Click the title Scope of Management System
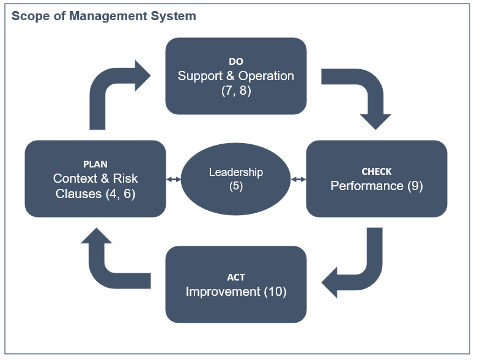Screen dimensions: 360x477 click(x=104, y=17)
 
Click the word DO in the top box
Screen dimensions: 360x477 click(x=235, y=62)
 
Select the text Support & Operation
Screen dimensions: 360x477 click(x=235, y=76)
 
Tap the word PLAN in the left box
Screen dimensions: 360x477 click(x=95, y=164)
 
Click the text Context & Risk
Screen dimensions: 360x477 click(x=95, y=178)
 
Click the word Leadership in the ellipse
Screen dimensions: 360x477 click(x=235, y=172)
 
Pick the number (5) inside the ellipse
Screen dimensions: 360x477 click(x=235, y=186)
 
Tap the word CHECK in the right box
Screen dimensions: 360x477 click(x=376, y=171)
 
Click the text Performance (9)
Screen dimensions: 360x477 click(x=376, y=186)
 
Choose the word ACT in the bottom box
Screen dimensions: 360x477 click(x=235, y=277)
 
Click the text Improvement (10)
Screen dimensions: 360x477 click(x=235, y=292)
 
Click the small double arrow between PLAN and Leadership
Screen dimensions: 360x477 click(x=174, y=179)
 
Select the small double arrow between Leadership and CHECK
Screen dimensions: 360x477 click(x=298, y=179)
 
